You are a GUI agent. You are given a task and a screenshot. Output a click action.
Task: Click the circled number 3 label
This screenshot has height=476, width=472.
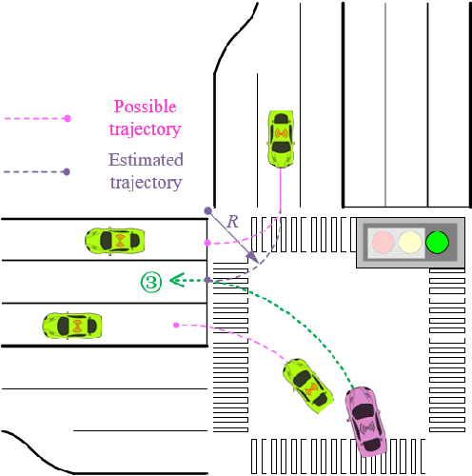pyautogui.click(x=151, y=280)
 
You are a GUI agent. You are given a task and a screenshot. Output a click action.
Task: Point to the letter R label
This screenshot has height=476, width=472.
pyautogui.click(x=232, y=221)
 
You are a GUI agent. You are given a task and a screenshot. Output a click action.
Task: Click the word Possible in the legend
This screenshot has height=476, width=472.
pyautogui.click(x=145, y=107)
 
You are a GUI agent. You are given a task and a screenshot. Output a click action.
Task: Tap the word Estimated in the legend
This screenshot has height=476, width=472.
pyautogui.click(x=146, y=160)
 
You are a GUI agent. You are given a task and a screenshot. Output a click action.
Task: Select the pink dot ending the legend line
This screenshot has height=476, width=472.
pyautogui.click(x=68, y=118)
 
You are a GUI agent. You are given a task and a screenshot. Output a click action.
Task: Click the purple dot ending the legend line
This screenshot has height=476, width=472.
pyautogui.click(x=67, y=172)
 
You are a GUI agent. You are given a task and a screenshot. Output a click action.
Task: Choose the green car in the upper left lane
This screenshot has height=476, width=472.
pyautogui.click(x=114, y=240)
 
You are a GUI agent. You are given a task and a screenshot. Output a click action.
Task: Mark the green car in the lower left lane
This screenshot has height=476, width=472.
pyautogui.click(x=72, y=326)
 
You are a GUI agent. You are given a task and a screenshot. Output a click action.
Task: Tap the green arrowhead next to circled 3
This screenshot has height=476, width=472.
pyautogui.click(x=176, y=280)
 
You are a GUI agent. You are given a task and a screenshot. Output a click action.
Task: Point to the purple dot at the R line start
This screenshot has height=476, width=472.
pyautogui.click(x=207, y=209)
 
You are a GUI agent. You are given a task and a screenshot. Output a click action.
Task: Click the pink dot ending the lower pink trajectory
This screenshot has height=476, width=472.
pyautogui.click(x=176, y=326)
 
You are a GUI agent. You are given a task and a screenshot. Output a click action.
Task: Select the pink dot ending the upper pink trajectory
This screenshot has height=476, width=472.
pyautogui.click(x=206, y=244)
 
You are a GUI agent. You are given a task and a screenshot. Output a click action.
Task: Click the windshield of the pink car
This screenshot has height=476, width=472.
pyautogui.click(x=363, y=410)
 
